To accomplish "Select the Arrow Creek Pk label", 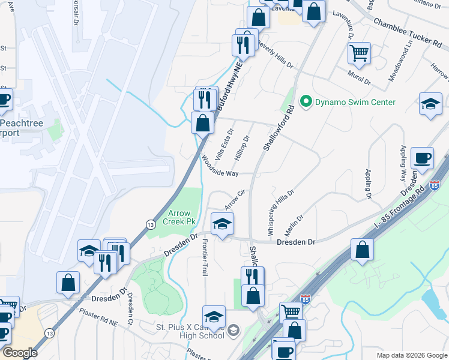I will [x=182, y=217].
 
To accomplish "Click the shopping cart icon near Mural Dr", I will [x=359, y=53].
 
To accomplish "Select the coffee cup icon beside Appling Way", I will [x=424, y=158].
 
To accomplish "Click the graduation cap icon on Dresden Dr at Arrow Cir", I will [x=222, y=224].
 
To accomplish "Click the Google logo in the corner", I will [x=20, y=353].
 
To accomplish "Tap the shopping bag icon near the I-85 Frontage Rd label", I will [x=362, y=250].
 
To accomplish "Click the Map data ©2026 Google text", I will [x=411, y=355].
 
